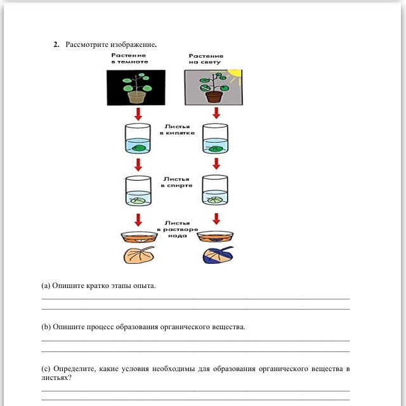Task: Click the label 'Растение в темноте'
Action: tap(129, 58)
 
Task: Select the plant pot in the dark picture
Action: tap(136, 97)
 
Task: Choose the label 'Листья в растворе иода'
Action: tap(177, 229)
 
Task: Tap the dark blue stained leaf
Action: tap(216, 256)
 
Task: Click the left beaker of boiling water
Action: tap(138, 139)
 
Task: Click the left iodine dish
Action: tap(138, 237)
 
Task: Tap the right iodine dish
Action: tap(215, 237)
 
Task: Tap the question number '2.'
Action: tap(56, 45)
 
